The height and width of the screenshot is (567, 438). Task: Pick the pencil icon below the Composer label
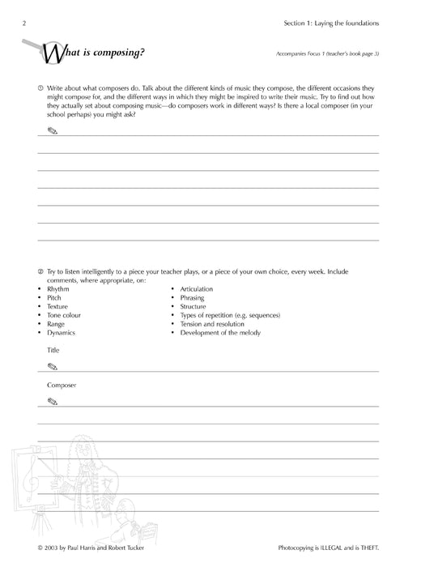[x=53, y=401]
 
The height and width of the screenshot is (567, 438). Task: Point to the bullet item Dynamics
[x=61, y=333]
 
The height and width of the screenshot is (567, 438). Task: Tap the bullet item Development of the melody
[x=220, y=333]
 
